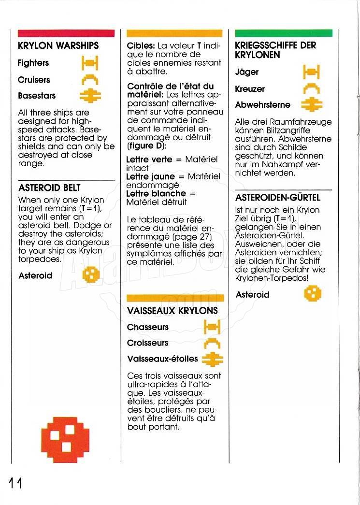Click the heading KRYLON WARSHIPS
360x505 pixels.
pos(58,46)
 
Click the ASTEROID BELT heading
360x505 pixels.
pos(49,188)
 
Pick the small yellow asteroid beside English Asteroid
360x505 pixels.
pos(90,275)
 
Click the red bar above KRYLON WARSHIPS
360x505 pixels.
pos(66,33)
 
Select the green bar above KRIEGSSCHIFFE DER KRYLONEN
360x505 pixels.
pos(284,33)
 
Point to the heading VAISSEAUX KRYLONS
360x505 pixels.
pos(173,311)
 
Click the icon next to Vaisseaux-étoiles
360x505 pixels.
pos(211,359)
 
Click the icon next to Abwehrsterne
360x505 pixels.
pos(311,104)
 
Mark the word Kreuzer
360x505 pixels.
pos(250,89)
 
